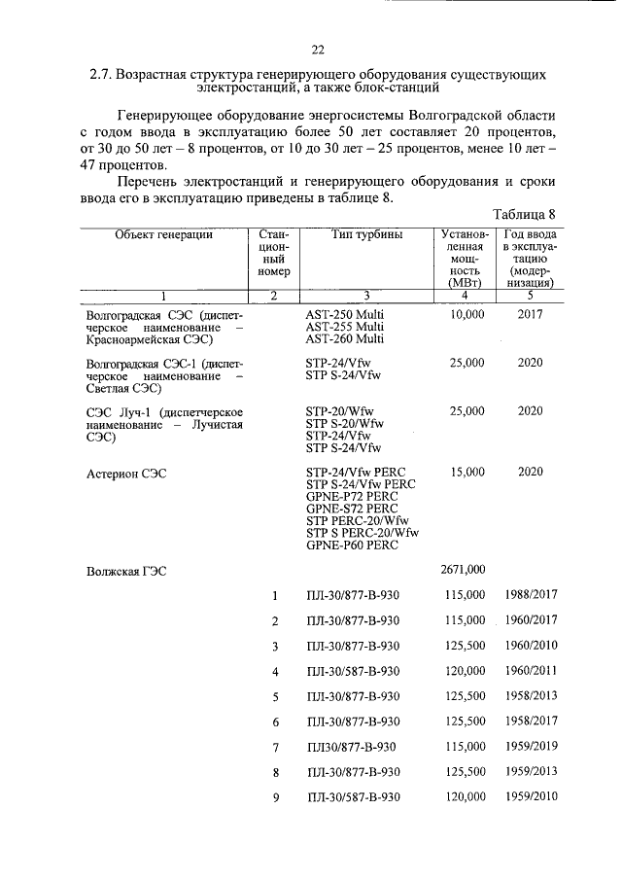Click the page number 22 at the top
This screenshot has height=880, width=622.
[317, 50]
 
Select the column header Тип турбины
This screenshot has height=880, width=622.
[364, 235]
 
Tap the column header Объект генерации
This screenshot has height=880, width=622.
[163, 235]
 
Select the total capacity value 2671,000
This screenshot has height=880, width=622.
[463, 570]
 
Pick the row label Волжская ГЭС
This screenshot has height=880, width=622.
[126, 572]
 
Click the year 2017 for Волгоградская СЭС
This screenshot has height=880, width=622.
[530, 315]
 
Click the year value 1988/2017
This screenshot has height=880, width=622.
[531, 595]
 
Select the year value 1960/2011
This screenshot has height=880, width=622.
[531, 671]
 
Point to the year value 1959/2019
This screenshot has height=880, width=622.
[531, 747]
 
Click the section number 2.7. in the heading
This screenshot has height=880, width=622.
[102, 74]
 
